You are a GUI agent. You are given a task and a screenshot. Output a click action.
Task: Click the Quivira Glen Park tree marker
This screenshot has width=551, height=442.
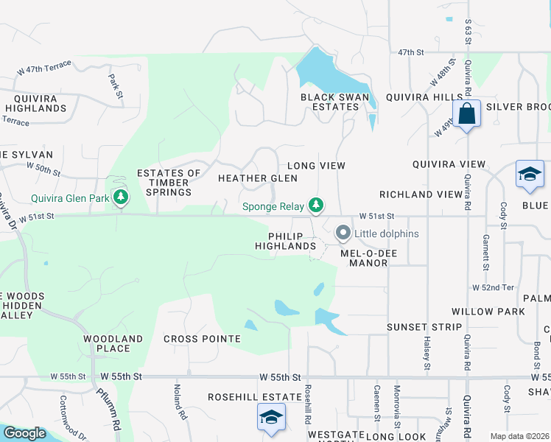pos(121,197)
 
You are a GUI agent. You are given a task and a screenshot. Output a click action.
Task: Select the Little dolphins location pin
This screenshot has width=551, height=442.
pos(343,234)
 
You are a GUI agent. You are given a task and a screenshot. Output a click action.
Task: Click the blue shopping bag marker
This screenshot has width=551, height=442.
pos(467,114)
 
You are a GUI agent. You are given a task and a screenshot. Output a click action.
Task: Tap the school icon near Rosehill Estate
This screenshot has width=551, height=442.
pos(271,418)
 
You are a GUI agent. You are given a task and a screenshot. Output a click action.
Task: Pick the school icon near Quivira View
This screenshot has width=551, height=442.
pos(530,174)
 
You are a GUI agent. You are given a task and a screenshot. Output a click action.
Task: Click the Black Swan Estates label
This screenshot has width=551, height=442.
pos(329,102)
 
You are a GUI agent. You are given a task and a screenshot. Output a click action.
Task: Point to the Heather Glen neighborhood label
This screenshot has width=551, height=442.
pos(258,178)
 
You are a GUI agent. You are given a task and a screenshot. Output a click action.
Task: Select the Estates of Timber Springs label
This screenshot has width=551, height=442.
pos(169,183)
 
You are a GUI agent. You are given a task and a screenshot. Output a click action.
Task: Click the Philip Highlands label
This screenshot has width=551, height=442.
pos(287,241)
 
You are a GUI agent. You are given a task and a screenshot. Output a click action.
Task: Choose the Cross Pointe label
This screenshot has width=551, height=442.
pos(202,339)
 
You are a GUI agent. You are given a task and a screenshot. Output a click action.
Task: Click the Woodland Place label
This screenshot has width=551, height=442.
pos(113,343)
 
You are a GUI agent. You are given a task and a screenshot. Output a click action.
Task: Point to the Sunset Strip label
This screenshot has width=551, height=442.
pos(425,327)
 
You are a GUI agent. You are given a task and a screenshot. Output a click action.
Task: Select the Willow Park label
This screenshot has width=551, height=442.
pos(489,312)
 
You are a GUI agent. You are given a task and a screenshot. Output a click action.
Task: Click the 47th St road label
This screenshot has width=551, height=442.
pos(412,53)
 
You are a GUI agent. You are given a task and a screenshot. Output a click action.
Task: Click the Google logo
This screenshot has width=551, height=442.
pos(25,434)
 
